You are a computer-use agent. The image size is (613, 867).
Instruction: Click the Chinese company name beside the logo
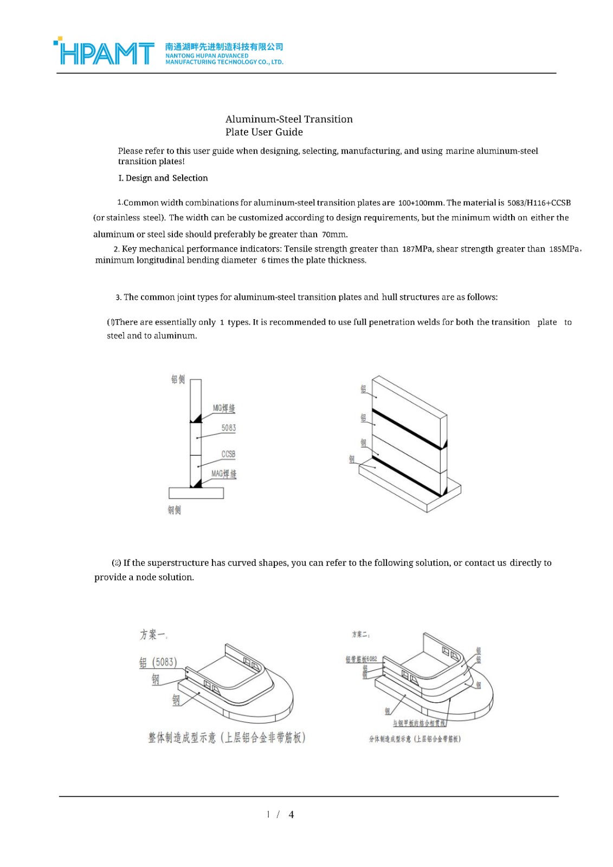coord(224,47)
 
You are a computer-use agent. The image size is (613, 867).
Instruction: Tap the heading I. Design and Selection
coord(163,178)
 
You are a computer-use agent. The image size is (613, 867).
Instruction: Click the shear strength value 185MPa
coord(564,249)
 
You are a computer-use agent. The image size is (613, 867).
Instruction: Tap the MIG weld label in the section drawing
coord(224,408)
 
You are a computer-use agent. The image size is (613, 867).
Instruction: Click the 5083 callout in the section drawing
coord(229,428)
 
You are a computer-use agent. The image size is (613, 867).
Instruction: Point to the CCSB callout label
coord(228,454)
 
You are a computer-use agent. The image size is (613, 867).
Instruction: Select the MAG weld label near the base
coord(224,474)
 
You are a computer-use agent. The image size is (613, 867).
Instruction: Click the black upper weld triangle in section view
coord(197,419)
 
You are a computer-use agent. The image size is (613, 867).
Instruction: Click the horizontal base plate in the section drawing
coord(196,493)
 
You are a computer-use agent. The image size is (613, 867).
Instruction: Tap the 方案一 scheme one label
coord(154,634)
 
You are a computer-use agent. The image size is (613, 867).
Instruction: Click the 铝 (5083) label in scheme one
coord(158,662)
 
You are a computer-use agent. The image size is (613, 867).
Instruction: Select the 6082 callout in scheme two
coord(362,659)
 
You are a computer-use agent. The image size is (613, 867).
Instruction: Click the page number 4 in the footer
coord(291,814)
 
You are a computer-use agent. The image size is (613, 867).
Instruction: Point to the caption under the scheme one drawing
coord(227,737)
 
